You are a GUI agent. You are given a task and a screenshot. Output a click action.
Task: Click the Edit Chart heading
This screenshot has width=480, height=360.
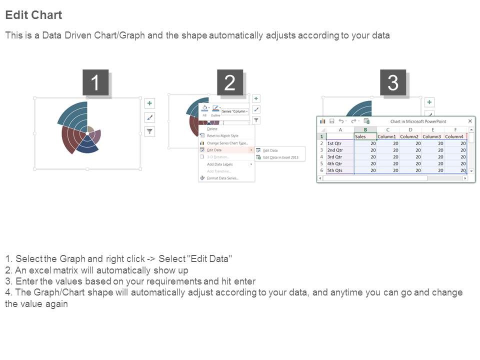[x=33, y=15]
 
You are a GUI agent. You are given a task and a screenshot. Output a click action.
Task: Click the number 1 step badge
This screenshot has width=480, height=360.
[x=95, y=82]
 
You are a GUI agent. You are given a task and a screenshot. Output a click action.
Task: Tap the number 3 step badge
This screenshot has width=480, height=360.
[x=393, y=82]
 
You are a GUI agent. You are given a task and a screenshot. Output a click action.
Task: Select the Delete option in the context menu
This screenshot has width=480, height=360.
[x=212, y=129]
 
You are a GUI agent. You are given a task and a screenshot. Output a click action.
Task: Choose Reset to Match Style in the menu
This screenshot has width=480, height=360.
[x=222, y=136]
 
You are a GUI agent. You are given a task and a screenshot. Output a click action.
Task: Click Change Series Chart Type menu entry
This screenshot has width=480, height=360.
[x=227, y=143]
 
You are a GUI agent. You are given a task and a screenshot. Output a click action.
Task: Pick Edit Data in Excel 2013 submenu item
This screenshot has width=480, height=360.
[x=280, y=157]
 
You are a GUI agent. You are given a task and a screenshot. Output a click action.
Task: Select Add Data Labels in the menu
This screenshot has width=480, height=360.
[x=219, y=164]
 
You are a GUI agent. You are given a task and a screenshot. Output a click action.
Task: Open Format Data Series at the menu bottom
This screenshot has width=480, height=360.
[x=222, y=178]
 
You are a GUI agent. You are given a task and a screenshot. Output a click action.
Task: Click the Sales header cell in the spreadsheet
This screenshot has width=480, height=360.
[x=365, y=136]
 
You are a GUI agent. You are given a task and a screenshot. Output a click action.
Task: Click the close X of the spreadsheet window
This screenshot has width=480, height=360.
[x=470, y=121]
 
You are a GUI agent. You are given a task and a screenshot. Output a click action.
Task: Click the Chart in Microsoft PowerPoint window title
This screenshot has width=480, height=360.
[x=418, y=121]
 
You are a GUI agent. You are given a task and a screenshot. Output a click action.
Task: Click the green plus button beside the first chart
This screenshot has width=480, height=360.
[x=149, y=103]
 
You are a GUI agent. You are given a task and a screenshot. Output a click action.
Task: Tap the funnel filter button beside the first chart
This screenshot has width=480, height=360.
[x=149, y=131]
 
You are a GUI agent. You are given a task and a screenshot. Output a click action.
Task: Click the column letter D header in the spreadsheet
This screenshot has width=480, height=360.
[x=409, y=129]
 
